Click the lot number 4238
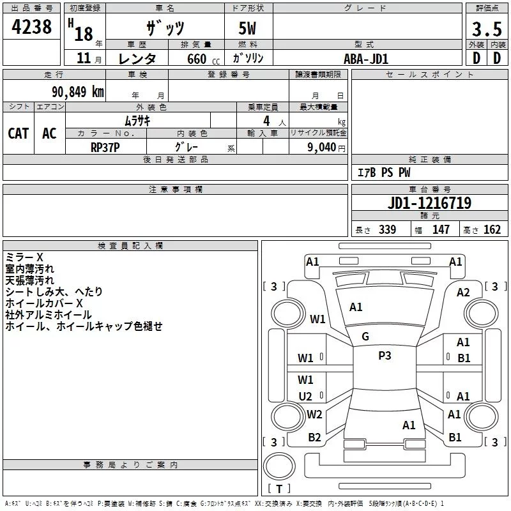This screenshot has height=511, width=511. (x=32, y=27)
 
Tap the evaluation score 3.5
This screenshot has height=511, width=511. (x=487, y=29)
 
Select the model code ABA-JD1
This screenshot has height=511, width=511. (x=366, y=58)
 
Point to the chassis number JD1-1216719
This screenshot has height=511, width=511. (x=429, y=204)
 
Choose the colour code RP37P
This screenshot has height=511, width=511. (x=105, y=147)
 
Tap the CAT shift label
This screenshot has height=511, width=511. (x=19, y=133)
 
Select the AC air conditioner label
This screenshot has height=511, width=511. (x=49, y=133)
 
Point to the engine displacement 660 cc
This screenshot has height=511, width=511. (x=192, y=59)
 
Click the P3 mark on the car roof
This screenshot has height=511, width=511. (x=385, y=356)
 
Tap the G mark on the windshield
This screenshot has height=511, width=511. (x=365, y=337)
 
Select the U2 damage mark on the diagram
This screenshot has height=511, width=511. (x=305, y=397)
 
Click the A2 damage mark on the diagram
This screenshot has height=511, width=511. (x=463, y=293)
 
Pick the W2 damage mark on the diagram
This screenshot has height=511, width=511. (x=314, y=415)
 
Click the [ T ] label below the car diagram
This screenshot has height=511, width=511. (x=279, y=489)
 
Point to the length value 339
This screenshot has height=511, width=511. (x=387, y=230)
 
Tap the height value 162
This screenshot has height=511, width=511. (x=492, y=230)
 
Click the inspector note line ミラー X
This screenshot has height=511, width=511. (x=24, y=257)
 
